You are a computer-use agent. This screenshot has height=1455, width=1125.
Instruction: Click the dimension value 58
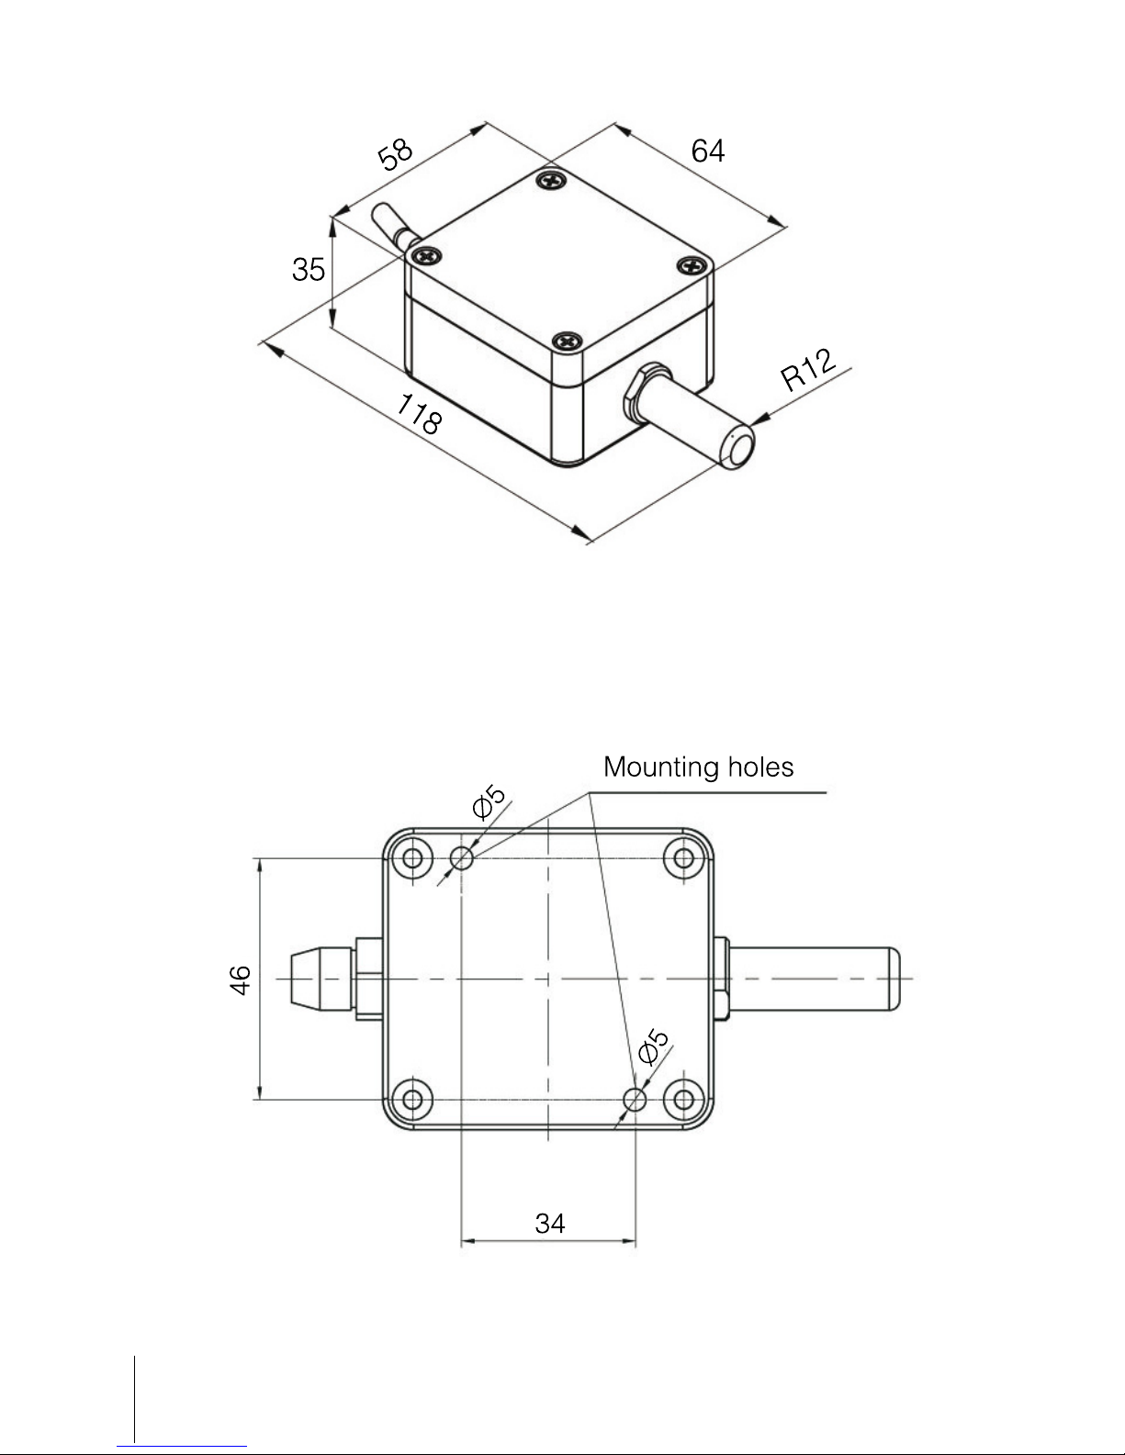click(395, 154)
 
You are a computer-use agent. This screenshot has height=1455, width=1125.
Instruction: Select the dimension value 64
click(708, 151)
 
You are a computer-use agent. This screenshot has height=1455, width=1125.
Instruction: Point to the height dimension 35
click(309, 269)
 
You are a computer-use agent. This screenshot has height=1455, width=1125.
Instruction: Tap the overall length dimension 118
click(419, 414)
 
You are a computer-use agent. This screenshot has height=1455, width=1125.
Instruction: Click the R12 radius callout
click(808, 370)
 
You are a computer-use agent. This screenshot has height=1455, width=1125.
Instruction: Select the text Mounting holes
click(699, 767)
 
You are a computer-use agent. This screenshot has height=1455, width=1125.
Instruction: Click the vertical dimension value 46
click(240, 980)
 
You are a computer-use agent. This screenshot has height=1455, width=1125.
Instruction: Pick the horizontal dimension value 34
click(550, 1224)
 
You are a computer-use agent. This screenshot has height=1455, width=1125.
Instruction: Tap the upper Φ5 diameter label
click(489, 801)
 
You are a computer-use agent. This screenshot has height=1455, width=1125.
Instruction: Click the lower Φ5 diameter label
click(654, 1046)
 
